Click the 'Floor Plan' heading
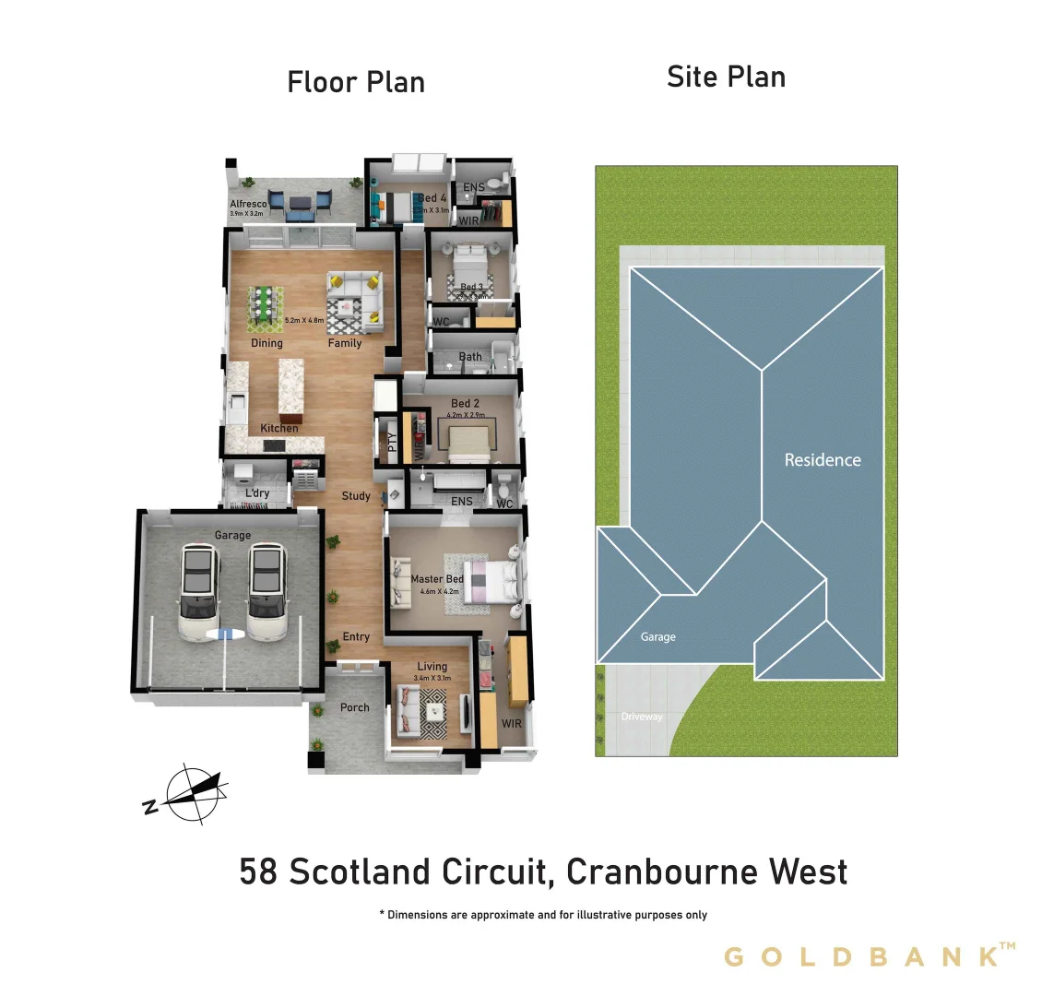click(x=356, y=82)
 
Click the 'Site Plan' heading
click(x=726, y=77)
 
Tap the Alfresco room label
click(x=248, y=204)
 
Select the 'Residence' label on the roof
click(x=823, y=459)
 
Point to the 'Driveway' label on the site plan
click(x=642, y=717)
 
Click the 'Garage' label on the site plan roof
click(x=658, y=637)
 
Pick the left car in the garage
click(x=198, y=591)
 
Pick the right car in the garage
click(x=266, y=591)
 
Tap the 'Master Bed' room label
click(x=437, y=579)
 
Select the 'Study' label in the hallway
click(x=356, y=496)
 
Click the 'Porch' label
click(x=355, y=707)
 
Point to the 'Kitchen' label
click(x=279, y=428)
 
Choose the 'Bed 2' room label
click(x=465, y=403)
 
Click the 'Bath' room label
click(x=470, y=356)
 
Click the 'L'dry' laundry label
click(x=257, y=493)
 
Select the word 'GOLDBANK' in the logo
click(x=862, y=956)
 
